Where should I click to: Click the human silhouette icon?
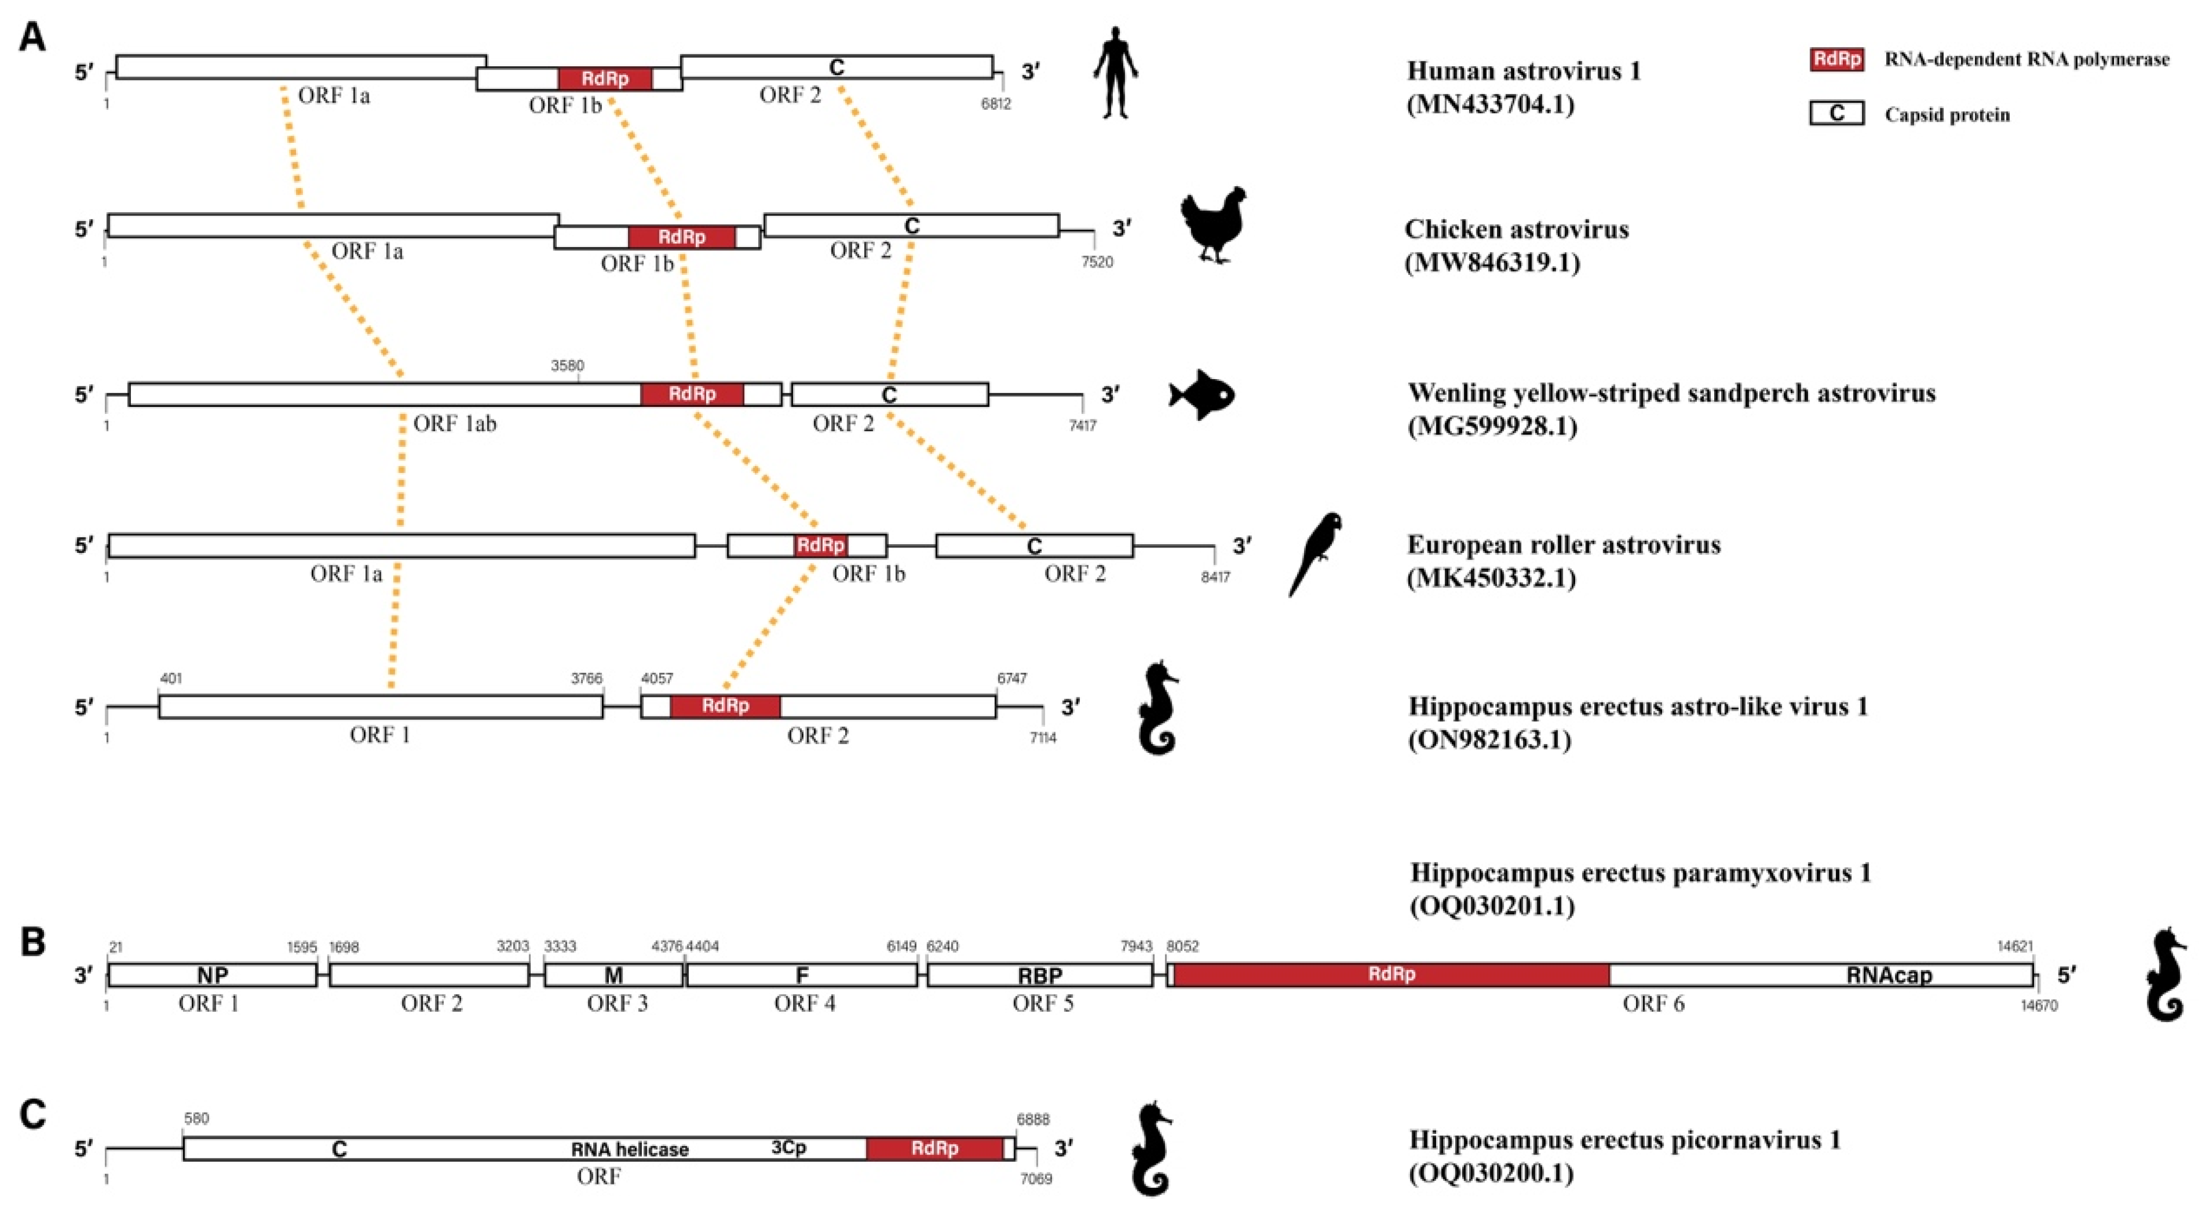coord(1115,73)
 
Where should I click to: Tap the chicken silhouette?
coord(1213,224)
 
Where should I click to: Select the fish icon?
coord(1201,394)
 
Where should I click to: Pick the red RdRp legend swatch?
coord(1836,59)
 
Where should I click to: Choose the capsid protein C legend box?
coord(1836,114)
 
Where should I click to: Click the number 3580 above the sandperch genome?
coord(567,366)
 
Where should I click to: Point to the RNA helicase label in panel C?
coord(630,1149)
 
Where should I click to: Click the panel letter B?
coord(33,942)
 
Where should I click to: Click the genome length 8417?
coord(1214,577)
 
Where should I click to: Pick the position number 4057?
coord(657,678)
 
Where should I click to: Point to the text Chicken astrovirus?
coord(1516,229)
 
